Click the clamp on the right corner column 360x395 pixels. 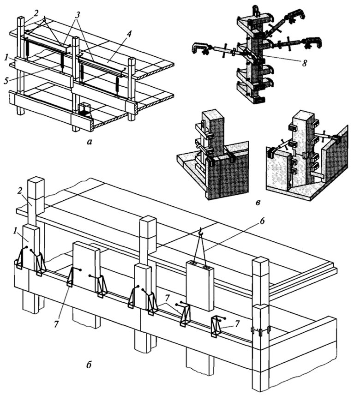259,331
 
